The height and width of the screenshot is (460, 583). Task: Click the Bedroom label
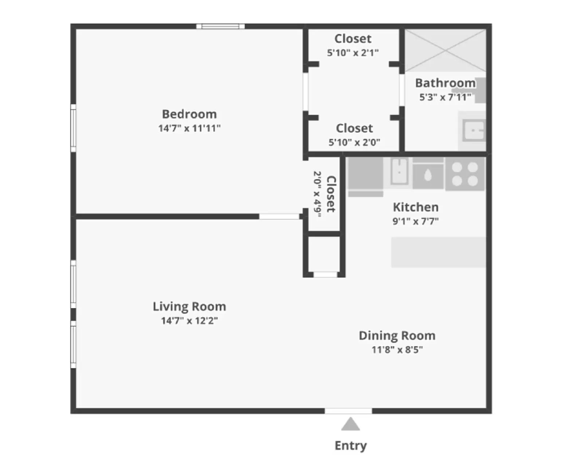point(189,114)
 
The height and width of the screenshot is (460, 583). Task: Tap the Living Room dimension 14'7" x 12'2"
point(189,321)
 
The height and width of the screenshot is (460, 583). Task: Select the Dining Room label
point(397,335)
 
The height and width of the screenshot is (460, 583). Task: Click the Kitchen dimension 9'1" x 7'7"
point(415,221)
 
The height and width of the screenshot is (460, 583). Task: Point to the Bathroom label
point(445,83)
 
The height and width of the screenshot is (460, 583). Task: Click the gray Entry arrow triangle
point(350,425)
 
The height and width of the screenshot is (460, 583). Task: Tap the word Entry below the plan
point(351,445)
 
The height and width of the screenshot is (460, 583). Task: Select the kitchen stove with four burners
point(465,174)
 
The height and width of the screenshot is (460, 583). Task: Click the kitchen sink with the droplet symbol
point(428,176)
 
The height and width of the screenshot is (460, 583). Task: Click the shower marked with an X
point(445,50)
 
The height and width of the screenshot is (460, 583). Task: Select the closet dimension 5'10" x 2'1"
point(353,53)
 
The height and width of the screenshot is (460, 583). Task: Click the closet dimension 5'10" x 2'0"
point(354,142)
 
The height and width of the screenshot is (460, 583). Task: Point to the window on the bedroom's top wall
point(220,26)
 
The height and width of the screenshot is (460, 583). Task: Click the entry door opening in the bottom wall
point(348,411)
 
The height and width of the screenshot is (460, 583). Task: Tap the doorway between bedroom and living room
point(279,216)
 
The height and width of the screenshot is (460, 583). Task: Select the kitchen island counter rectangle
point(438,252)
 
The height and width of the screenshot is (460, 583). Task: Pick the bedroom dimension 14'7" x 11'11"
point(189,128)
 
